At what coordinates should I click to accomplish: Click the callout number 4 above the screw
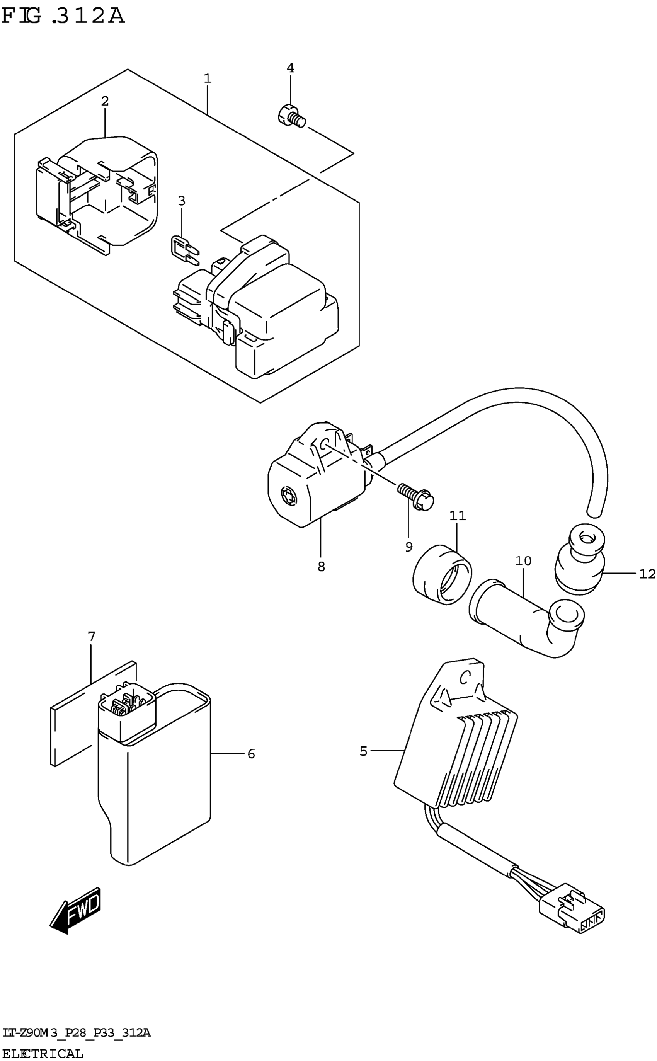coord(290,68)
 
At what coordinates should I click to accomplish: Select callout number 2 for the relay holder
coord(105,101)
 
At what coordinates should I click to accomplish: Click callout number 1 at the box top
coord(208,78)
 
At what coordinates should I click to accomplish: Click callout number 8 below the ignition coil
coord(321,567)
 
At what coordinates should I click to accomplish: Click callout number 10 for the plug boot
coord(523,561)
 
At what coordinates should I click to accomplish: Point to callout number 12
coord(647,574)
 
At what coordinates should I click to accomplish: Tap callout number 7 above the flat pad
coord(91,637)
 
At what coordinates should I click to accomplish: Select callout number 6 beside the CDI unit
coord(251,754)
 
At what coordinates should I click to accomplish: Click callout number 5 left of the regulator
coord(364,751)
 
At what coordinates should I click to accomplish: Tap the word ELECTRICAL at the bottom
coord(43,1054)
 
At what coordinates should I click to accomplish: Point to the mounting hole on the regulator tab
coord(465,676)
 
